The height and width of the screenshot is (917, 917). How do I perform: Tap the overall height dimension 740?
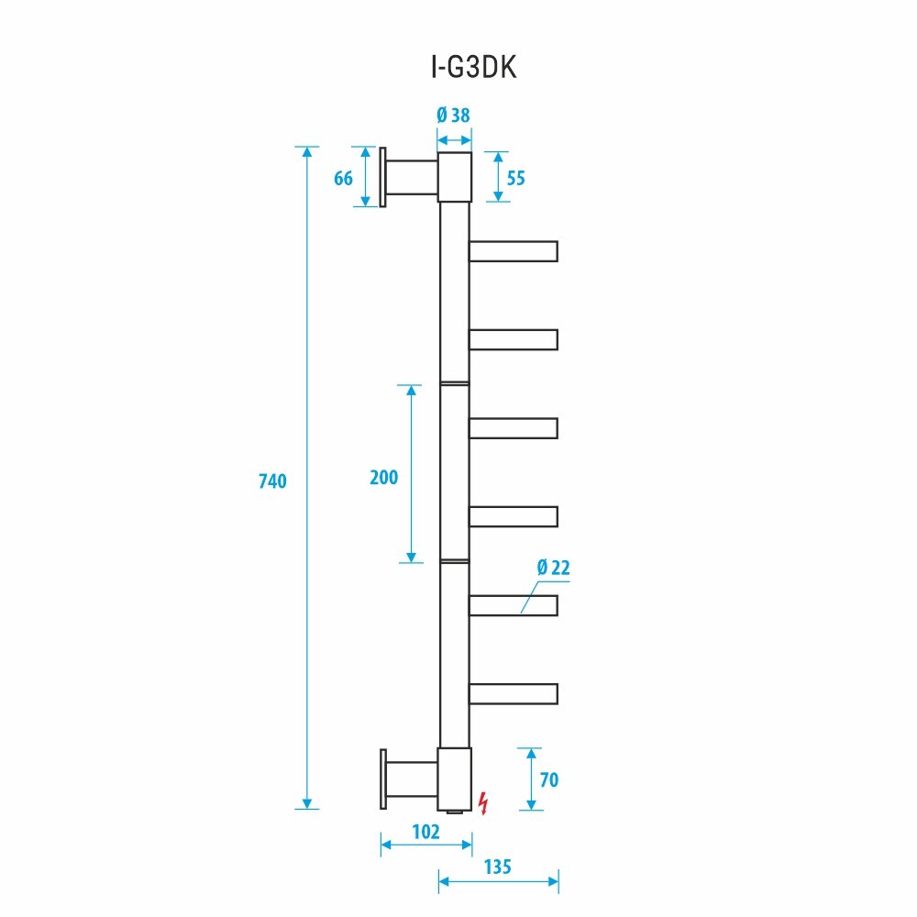click(273, 481)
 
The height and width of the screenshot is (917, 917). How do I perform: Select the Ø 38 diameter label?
click(454, 116)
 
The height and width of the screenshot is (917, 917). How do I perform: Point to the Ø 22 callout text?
click(554, 568)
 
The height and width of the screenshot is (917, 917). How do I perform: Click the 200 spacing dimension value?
click(383, 477)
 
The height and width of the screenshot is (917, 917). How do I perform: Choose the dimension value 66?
click(343, 178)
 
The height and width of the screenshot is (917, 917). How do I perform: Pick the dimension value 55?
click(515, 178)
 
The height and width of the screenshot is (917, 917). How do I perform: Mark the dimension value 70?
click(548, 780)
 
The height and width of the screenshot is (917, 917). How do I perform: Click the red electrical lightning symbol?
click(484, 802)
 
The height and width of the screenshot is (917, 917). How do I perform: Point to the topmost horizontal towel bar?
click(513, 251)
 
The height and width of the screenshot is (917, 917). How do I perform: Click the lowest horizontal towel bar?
click(513, 693)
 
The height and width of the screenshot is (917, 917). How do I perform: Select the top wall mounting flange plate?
click(382, 177)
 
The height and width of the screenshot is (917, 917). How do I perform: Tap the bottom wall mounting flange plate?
click(382, 779)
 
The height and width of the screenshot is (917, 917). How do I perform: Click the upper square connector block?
click(454, 177)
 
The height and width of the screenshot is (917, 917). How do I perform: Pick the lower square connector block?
click(454, 779)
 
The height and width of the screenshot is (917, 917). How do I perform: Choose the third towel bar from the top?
click(513, 428)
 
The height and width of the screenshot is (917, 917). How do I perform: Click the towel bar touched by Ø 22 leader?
click(513, 605)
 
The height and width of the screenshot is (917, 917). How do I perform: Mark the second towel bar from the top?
click(513, 340)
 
